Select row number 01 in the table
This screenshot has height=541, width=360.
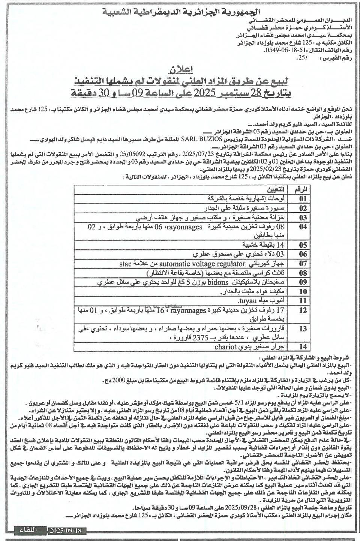pos(303,199)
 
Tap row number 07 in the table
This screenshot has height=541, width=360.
pos(303,264)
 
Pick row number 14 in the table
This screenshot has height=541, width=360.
pos(303,347)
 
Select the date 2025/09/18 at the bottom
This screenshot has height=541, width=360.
pos(67,530)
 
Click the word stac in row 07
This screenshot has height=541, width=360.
pos(126,264)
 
